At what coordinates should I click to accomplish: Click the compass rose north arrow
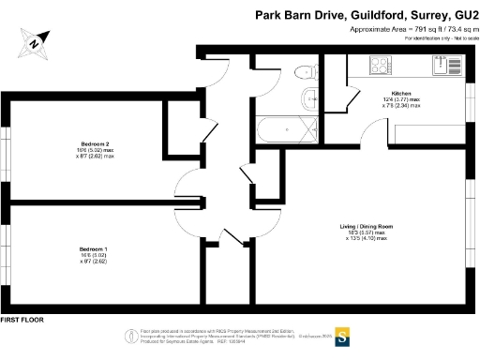tap(33, 40)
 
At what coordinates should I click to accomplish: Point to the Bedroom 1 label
tap(94, 247)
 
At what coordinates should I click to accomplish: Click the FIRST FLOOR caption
tap(23, 321)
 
